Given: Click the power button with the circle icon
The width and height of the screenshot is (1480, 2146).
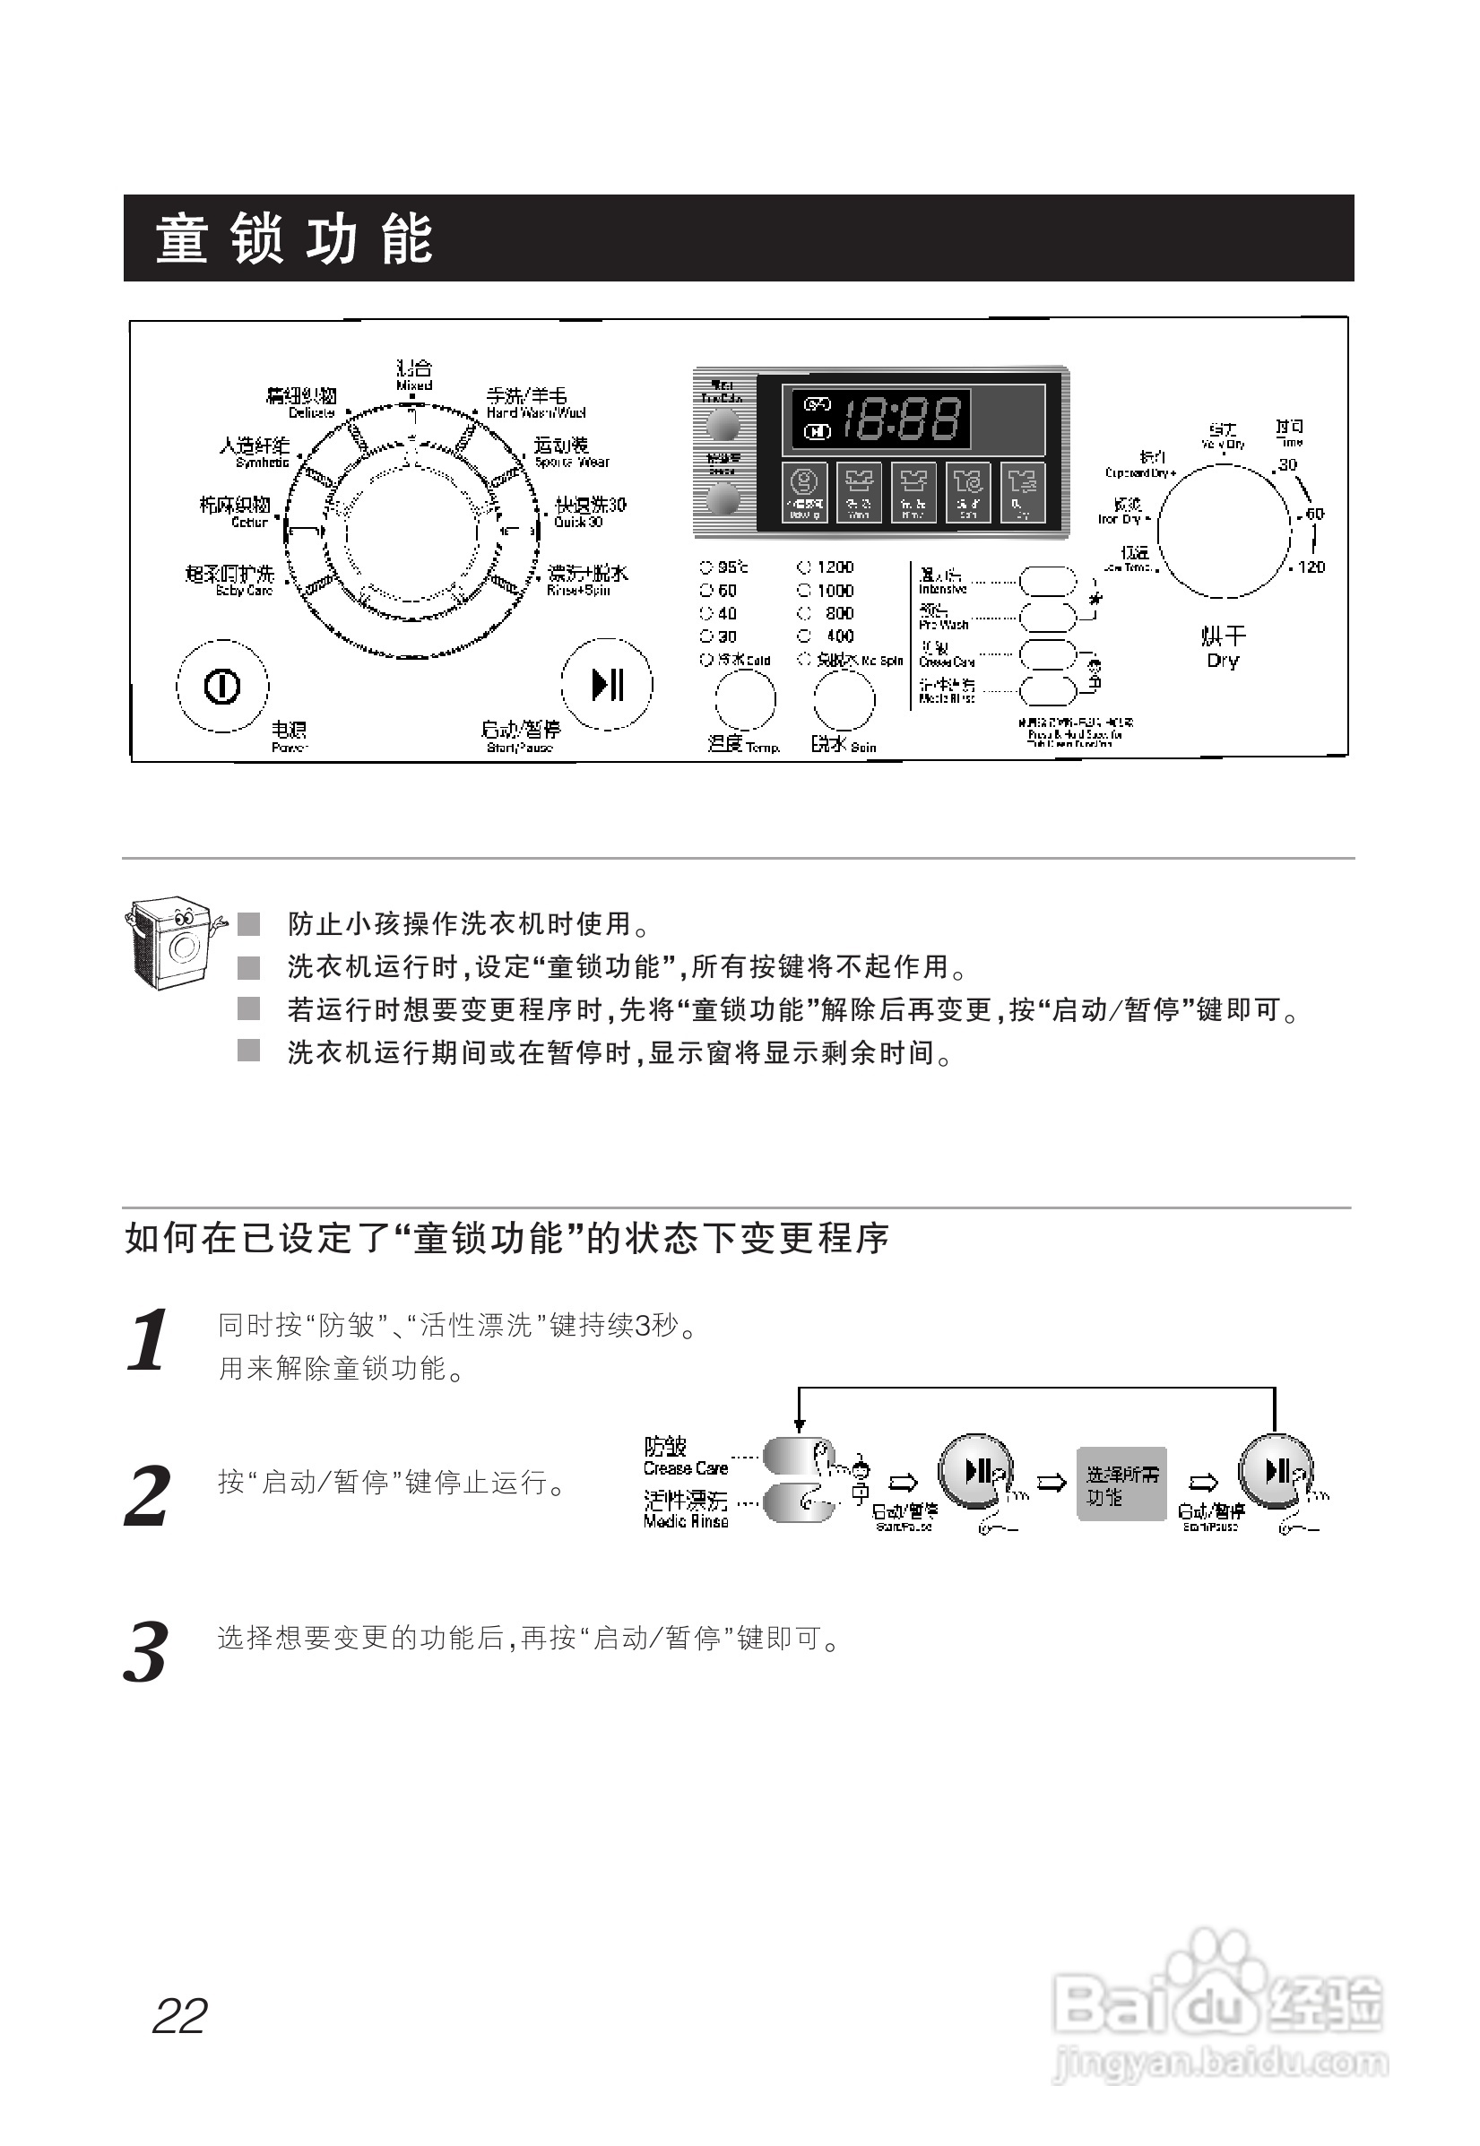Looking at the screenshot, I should tap(221, 687).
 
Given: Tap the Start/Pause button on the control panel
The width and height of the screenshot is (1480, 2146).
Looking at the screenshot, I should tap(608, 685).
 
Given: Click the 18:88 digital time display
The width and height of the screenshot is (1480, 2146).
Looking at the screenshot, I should tap(899, 419).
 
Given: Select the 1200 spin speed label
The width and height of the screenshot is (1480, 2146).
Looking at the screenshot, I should tap(835, 567).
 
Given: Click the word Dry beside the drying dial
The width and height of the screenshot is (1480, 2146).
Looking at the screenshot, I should tap(1222, 661).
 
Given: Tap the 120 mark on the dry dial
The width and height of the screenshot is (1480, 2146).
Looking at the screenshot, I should tap(1311, 567).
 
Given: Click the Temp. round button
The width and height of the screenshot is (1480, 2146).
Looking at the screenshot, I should tap(744, 700).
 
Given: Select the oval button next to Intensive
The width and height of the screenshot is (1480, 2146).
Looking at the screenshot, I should tap(1047, 583).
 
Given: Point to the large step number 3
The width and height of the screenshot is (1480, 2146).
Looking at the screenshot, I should tap(146, 1653).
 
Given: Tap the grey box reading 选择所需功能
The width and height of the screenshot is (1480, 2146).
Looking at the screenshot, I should tap(1121, 1484).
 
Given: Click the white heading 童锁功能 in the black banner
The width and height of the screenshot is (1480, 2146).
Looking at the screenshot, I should tap(293, 238).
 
